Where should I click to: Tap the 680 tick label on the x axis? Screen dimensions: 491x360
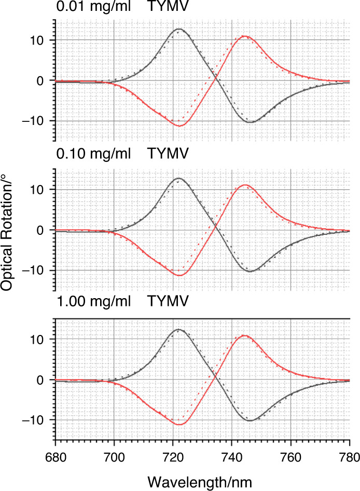pyautogui.click(x=55, y=458)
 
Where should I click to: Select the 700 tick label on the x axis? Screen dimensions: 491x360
pyautogui.click(x=114, y=458)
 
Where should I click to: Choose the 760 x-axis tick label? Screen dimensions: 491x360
pyautogui.click(x=290, y=458)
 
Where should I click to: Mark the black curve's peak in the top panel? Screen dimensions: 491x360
pyautogui.click(x=178, y=29)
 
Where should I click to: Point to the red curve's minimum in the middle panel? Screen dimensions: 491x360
pyautogui.click(x=179, y=275)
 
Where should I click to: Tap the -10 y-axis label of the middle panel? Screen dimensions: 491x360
pyautogui.click(x=39, y=270)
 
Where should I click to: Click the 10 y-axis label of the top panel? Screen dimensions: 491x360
pyautogui.click(x=44, y=40)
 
